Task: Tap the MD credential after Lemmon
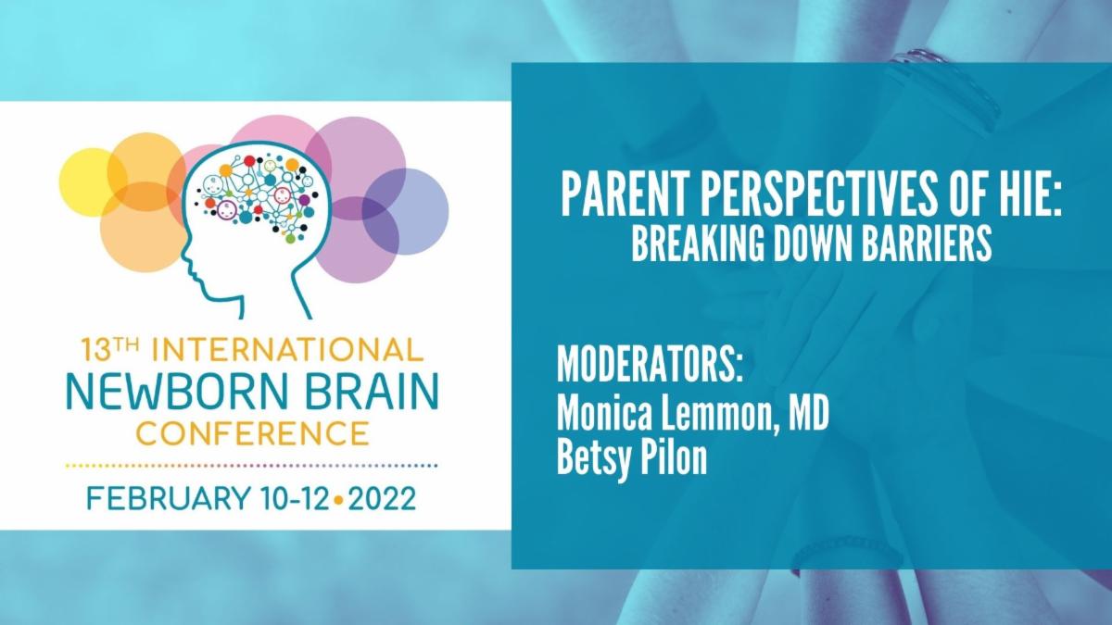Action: pyautogui.click(x=806, y=413)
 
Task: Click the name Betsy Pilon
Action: pyautogui.click(x=631, y=458)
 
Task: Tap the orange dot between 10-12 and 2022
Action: pyautogui.click(x=339, y=500)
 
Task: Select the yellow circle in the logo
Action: pyautogui.click(x=88, y=180)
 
